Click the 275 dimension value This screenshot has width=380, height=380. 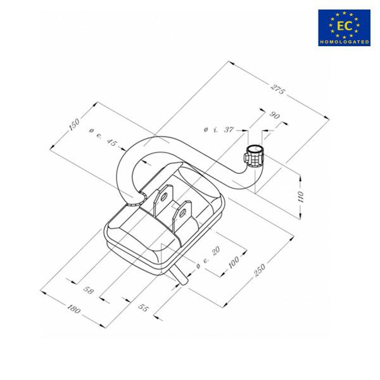pos(278,89)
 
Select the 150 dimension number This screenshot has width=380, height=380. pos(74,125)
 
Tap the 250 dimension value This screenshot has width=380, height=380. pos(260,270)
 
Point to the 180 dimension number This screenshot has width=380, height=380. pos(73,309)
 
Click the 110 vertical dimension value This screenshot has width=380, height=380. pos(300,197)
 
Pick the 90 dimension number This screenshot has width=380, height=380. pos(275,115)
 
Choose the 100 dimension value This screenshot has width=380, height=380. pos(234,262)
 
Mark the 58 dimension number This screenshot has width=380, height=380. pos(88,290)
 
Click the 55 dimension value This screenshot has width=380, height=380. pos(143,308)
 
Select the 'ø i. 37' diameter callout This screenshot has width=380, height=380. pos(218,129)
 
